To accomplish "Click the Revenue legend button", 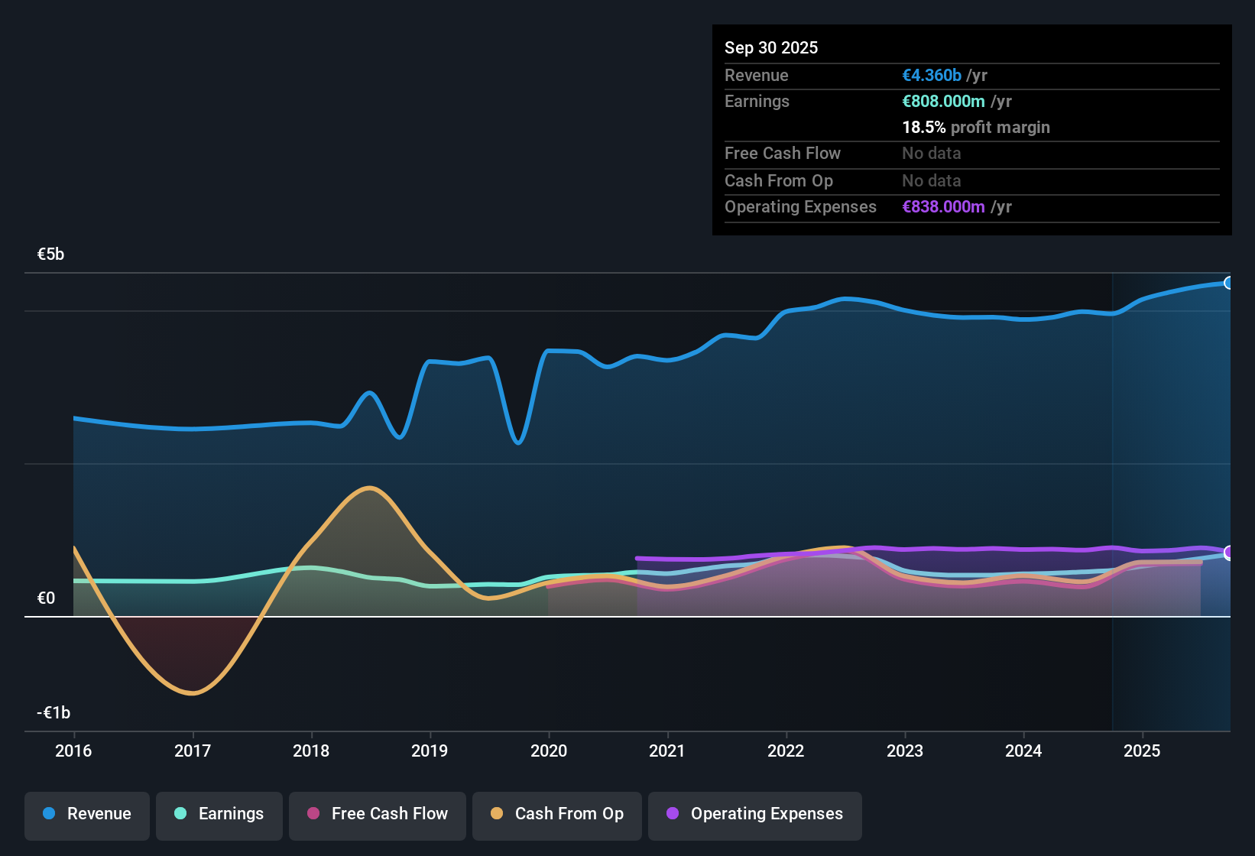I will [x=87, y=814].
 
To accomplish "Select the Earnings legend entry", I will [x=219, y=814].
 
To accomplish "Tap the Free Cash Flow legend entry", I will [x=378, y=814].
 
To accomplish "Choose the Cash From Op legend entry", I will [x=557, y=814].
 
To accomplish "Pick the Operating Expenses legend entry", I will [x=755, y=814].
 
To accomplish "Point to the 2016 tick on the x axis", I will [x=73, y=751].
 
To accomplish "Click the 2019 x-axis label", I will [x=430, y=751].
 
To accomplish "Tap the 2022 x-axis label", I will [x=786, y=751].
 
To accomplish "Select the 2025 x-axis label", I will [x=1142, y=751].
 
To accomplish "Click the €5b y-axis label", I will [x=51, y=255].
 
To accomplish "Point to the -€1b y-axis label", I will [x=54, y=713].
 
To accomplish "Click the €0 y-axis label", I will [x=47, y=598].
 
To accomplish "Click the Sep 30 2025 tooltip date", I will [x=771, y=48].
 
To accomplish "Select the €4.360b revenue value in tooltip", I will [x=932, y=76].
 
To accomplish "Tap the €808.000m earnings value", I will [x=943, y=102].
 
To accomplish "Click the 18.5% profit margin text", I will [x=976, y=128].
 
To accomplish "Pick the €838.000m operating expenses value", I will [x=943, y=207].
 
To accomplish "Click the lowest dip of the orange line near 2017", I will [x=192, y=693].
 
